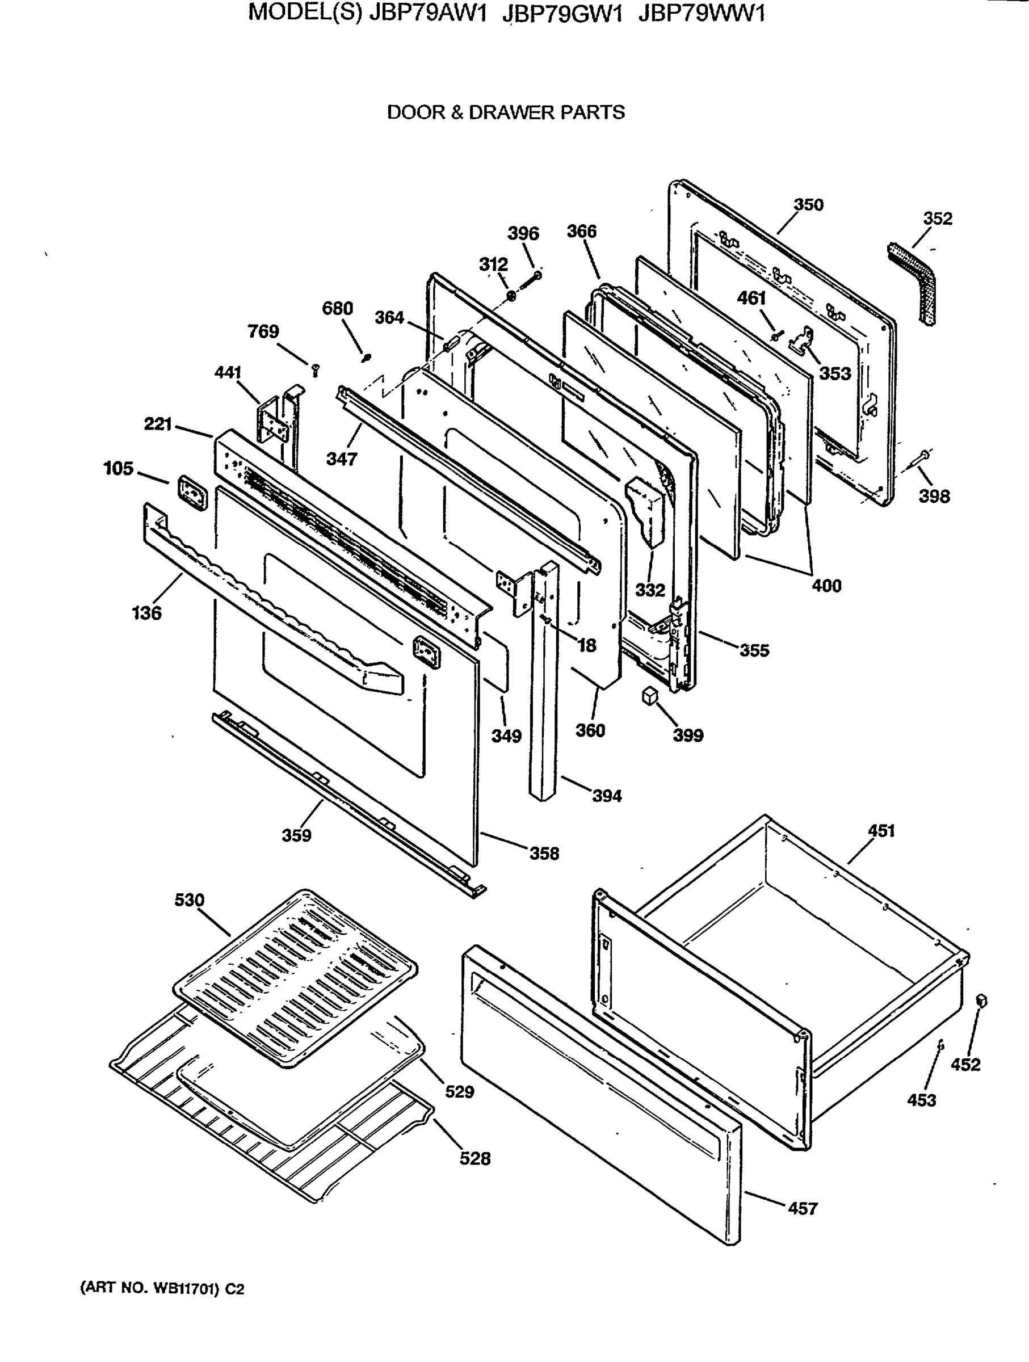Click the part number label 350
point(808,205)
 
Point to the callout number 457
point(803,1209)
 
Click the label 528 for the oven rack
point(475,1159)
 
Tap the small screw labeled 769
point(316,369)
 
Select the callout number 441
point(227,372)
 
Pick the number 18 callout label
point(587,645)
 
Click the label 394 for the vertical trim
point(607,796)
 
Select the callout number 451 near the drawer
point(881,831)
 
